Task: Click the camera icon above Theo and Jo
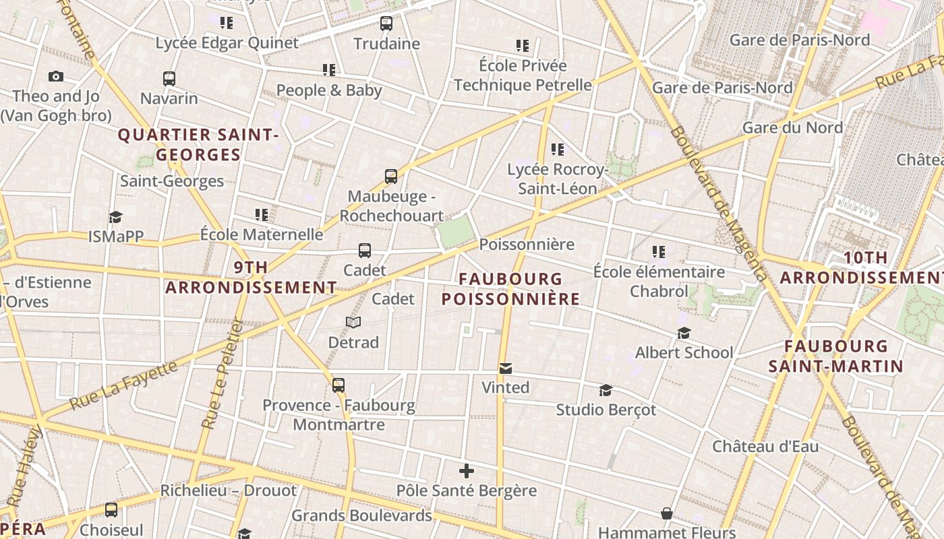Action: [x=56, y=77]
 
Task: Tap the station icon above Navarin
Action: [x=169, y=79]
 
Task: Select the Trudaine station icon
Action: [x=386, y=24]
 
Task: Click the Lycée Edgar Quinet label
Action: [x=227, y=43]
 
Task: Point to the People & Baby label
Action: [x=329, y=90]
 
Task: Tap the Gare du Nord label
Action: [x=792, y=127]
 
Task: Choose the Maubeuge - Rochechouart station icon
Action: [x=391, y=177]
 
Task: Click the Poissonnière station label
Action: [x=527, y=244]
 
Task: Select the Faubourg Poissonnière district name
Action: [x=510, y=288]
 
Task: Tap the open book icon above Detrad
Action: [x=353, y=323]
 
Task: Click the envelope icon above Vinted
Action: [x=506, y=368]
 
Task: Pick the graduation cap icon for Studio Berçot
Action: [x=606, y=391]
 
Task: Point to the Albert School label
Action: [x=684, y=352]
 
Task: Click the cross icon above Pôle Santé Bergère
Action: [x=466, y=471]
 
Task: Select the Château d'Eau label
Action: [x=765, y=446]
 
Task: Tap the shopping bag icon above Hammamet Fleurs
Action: [x=667, y=514]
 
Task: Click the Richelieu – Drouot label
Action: [x=228, y=490]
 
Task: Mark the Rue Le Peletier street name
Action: [x=223, y=374]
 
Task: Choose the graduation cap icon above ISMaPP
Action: [x=116, y=217]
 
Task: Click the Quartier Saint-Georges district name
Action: [x=198, y=144]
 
